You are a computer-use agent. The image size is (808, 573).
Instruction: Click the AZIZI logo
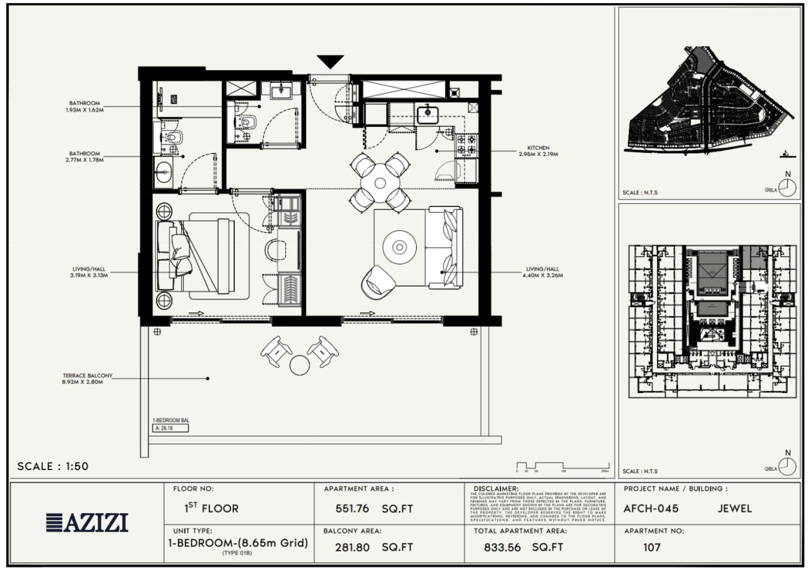pyautogui.click(x=87, y=523)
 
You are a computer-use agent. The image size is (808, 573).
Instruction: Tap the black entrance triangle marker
pyautogui.click(x=330, y=62)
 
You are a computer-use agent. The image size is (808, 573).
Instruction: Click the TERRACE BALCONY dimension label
pyautogui.click(x=84, y=378)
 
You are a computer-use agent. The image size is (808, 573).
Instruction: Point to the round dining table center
pyautogui.click(x=379, y=183)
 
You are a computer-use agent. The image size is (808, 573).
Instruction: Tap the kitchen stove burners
pyautogui.click(x=467, y=145)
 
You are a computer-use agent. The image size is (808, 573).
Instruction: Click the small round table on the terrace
pyautogui.click(x=299, y=365)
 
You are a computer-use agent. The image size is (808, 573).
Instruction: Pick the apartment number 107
pyautogui.click(x=651, y=547)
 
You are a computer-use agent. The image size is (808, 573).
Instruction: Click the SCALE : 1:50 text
pyautogui.click(x=53, y=466)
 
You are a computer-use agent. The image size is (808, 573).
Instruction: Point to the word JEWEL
pyautogui.click(x=735, y=509)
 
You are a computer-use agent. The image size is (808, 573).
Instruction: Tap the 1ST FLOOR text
pyautogui.click(x=207, y=508)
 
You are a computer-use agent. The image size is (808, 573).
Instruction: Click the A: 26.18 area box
pyautogui.click(x=171, y=428)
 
